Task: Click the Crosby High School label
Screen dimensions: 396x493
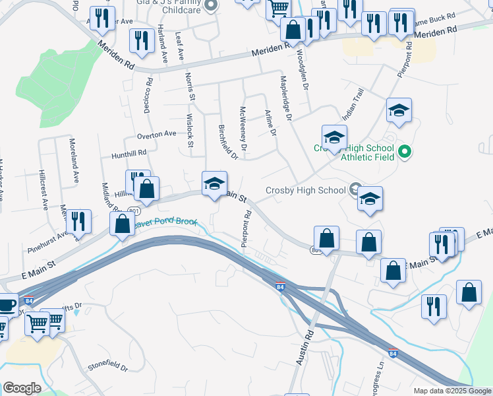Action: click(x=305, y=191)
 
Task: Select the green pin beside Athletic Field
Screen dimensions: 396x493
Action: click(x=405, y=152)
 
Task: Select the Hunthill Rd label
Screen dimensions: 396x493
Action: click(x=129, y=153)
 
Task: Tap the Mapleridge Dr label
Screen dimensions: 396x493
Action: click(x=285, y=98)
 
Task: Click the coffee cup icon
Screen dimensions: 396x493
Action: click(x=7, y=306)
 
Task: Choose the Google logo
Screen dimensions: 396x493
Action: click(x=22, y=388)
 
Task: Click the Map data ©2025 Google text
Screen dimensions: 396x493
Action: click(x=452, y=391)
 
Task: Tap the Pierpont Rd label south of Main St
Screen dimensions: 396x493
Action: click(x=246, y=229)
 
